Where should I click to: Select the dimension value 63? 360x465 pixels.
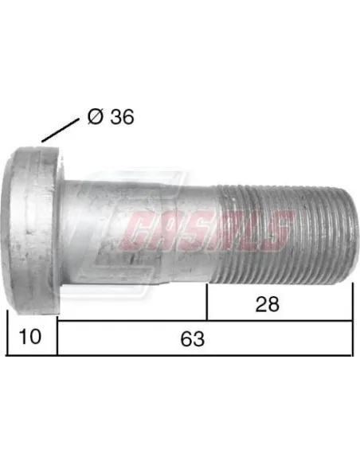click(x=192, y=338)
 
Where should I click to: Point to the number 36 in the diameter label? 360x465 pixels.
click(x=120, y=116)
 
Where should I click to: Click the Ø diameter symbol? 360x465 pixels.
click(x=94, y=116)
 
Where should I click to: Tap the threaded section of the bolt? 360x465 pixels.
click(x=279, y=231)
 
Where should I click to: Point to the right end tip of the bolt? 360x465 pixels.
click(x=347, y=231)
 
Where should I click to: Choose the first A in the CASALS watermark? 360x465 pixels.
click(x=170, y=230)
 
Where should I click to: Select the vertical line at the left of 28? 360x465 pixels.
click(x=208, y=303)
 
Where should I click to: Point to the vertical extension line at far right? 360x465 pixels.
click(x=351, y=318)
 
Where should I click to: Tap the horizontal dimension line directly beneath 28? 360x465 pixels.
click(x=279, y=321)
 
